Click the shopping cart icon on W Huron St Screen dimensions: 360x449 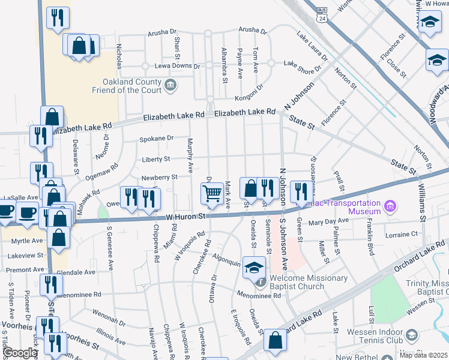click(212, 193)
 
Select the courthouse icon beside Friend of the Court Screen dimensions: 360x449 click(171, 85)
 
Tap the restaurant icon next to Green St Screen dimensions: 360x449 click(301, 191)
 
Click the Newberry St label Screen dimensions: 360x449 click(159, 177)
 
